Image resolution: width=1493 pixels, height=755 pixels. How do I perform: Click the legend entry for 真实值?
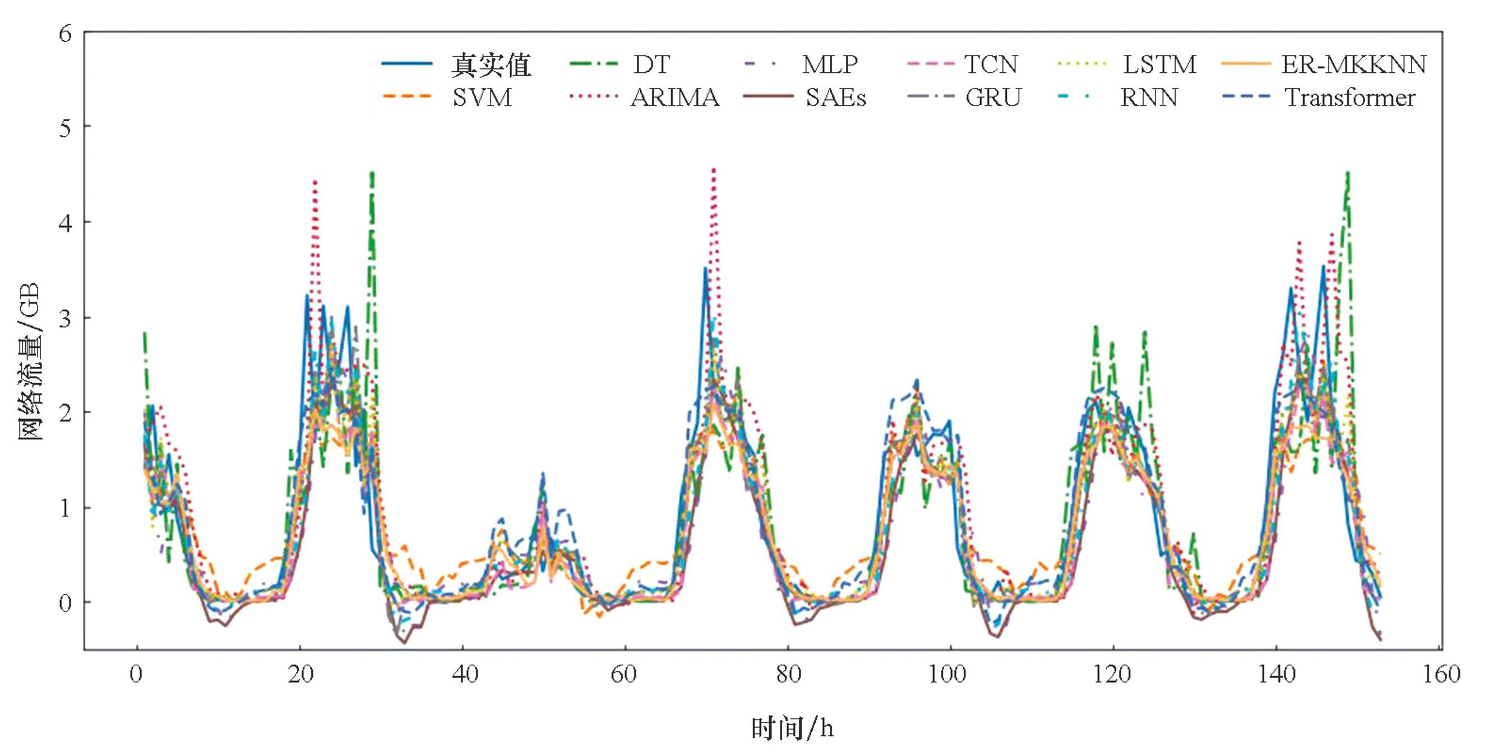(x=491, y=65)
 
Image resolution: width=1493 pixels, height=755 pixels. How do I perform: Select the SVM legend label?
(x=482, y=98)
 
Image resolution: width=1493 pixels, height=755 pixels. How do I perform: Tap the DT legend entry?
(x=651, y=65)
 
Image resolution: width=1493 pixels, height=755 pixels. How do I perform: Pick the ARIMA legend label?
(x=674, y=98)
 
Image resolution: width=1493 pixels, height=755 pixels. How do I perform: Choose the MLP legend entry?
(x=829, y=65)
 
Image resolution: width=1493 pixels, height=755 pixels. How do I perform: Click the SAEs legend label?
(x=835, y=98)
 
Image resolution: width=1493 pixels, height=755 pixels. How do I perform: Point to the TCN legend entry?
(x=991, y=65)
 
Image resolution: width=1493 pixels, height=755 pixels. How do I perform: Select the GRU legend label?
(x=992, y=98)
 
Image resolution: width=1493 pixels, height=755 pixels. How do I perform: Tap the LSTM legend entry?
(x=1159, y=65)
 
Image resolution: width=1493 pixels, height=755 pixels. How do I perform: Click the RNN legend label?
(x=1149, y=98)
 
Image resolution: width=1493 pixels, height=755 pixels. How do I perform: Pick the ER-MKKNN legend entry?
(x=1353, y=65)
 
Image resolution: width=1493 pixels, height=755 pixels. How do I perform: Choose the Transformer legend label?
(x=1350, y=98)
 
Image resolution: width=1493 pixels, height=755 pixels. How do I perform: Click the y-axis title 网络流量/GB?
(x=29, y=362)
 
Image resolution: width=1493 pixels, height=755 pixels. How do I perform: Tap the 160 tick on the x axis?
(x=1441, y=674)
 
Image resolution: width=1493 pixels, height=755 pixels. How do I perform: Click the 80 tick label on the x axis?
(x=788, y=674)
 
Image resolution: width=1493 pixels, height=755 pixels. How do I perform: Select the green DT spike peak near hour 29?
(x=372, y=173)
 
